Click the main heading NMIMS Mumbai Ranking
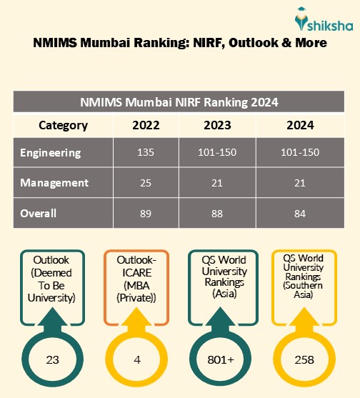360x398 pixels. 180,43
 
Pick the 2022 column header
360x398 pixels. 146,126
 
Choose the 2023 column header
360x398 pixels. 217,126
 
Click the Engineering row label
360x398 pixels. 51,153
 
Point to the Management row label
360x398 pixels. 54,183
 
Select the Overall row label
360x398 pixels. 39,213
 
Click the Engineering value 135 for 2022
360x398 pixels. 146,153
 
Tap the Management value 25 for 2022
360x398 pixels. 146,183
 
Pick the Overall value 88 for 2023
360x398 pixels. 217,213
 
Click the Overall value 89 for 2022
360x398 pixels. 146,213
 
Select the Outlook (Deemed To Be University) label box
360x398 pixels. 53,277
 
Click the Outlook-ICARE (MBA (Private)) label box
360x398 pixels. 136,277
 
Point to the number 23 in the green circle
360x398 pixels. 53,359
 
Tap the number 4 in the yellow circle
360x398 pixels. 136,359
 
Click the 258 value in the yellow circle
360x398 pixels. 304,359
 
